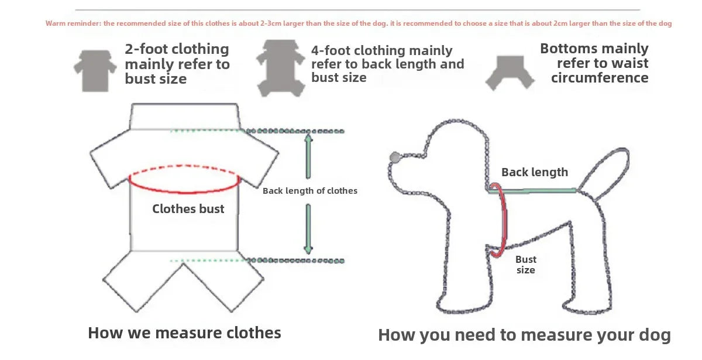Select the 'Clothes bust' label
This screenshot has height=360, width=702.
point(188,209)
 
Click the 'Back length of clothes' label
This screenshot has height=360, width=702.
point(309,191)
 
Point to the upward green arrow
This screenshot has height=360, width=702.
point(308,155)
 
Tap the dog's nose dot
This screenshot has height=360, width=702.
point(394,157)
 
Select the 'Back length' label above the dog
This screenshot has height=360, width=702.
point(534,172)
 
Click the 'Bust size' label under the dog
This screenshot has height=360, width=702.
point(525,265)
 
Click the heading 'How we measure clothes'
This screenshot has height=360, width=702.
point(184,333)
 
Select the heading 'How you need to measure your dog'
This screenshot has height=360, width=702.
point(524,335)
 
